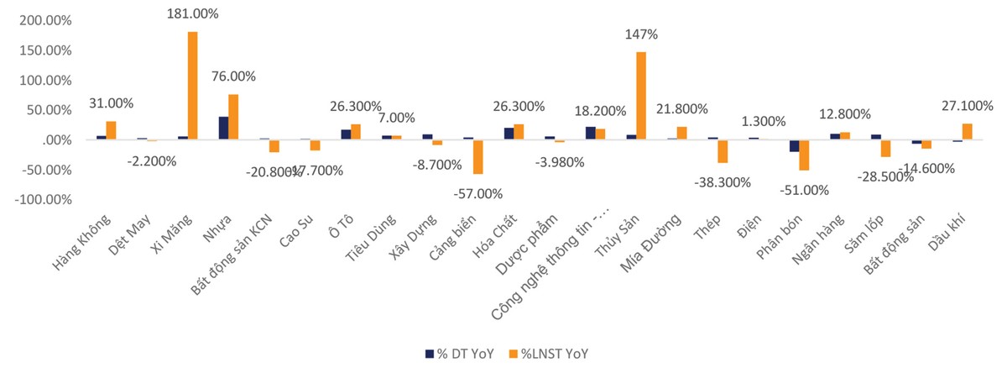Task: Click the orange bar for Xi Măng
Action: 193,86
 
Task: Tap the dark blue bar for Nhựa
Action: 223,128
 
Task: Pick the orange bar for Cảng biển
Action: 478,157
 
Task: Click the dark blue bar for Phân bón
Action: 794,146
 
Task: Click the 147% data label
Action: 641,34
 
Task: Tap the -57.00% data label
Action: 478,194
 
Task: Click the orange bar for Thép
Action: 722,151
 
